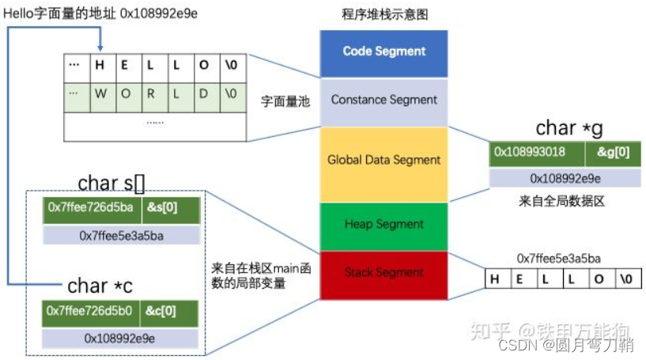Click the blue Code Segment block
[x=383, y=51]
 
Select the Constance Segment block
[x=383, y=100]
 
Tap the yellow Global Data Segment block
[x=383, y=160]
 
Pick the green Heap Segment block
[x=383, y=225]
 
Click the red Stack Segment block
[x=383, y=274]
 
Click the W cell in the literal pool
[x=100, y=93]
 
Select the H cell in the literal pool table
[x=100, y=66]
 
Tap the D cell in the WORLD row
[x=204, y=93]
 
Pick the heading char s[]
[x=111, y=184]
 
